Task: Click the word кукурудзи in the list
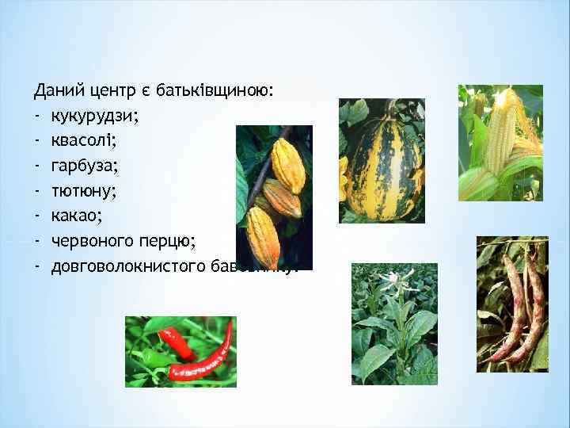[x=94, y=118]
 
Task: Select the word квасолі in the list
[x=83, y=143]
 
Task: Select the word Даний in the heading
[x=57, y=94]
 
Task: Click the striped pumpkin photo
[x=382, y=160]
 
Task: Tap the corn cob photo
[x=500, y=143]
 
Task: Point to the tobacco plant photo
[x=394, y=324]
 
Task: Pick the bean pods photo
[x=512, y=304]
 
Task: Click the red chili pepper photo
[x=180, y=351]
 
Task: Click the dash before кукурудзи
[x=37, y=118]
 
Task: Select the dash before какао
[x=37, y=216]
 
